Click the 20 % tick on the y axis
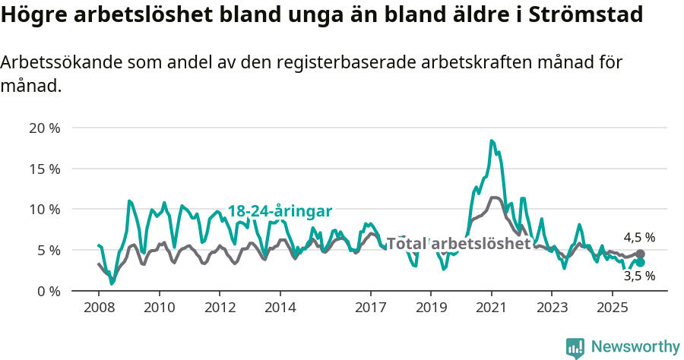coord(43,128)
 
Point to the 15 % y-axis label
coord(43,169)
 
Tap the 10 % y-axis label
coord(43,209)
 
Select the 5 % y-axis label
coord(47,250)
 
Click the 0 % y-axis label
coord(47,291)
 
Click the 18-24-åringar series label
coord(280,211)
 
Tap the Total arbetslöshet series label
coord(459,244)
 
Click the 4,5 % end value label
coord(639,238)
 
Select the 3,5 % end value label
coord(639,276)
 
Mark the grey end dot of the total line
coord(640,254)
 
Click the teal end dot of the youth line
coord(640,262)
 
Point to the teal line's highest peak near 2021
coord(492,141)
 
